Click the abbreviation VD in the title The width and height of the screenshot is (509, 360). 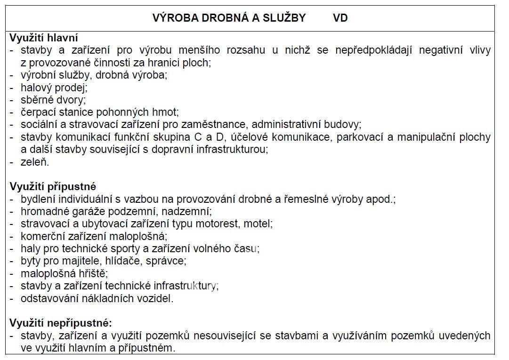(340, 18)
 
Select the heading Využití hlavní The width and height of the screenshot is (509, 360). (44, 38)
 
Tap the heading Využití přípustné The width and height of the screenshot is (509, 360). (53, 187)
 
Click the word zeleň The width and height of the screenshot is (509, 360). (35, 162)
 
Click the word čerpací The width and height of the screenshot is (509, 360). (38, 112)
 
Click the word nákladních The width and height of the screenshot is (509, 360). (98, 298)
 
